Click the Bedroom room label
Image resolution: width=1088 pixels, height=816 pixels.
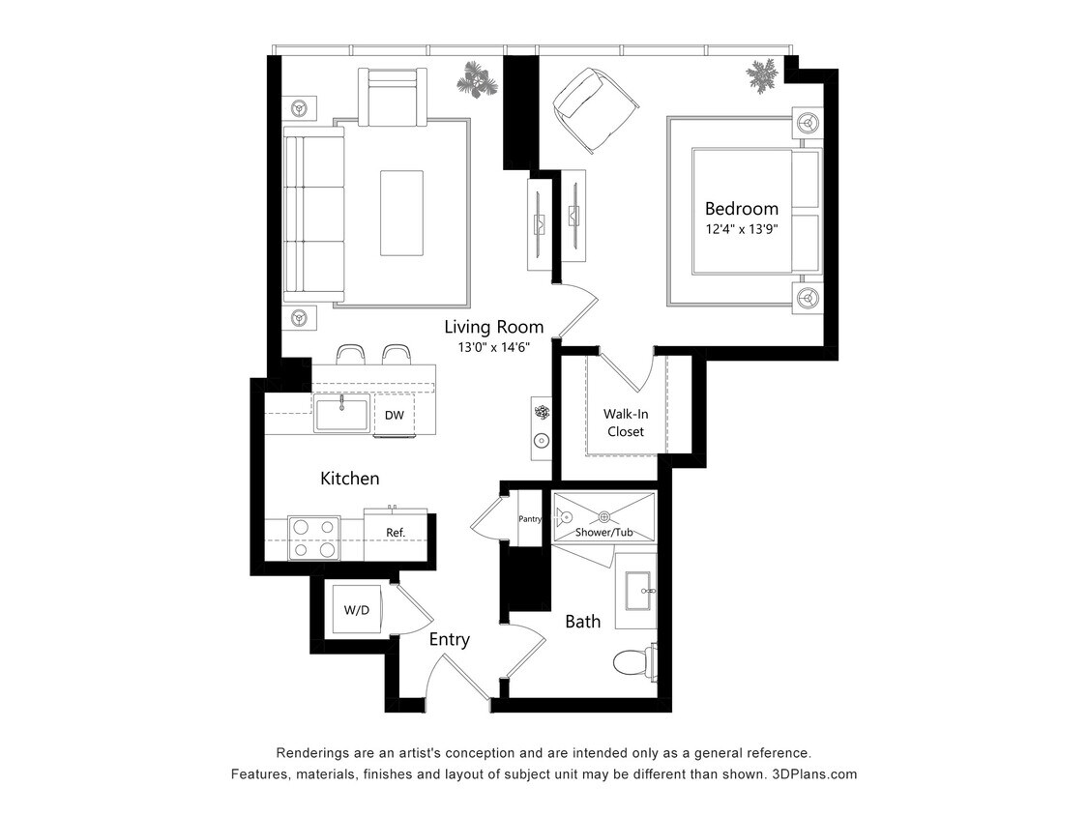741,208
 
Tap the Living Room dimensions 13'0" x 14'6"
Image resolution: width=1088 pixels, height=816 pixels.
493,348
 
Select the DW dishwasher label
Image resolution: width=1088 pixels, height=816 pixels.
394,416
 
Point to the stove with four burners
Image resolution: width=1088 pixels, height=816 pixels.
314,539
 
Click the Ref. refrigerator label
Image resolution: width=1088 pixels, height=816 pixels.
395,533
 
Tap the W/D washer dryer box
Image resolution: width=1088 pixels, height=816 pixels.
357,610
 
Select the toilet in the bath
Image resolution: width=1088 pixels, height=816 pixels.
633,662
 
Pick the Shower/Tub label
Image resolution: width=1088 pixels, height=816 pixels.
605,533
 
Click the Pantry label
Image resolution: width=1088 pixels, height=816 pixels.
529,519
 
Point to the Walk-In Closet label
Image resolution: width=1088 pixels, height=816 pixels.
626,423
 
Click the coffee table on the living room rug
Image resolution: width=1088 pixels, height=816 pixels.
401,213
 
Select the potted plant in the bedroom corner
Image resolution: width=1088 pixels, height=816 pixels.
764,74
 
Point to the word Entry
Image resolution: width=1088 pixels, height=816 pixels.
449,639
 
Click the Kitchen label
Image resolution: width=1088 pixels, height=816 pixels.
349,479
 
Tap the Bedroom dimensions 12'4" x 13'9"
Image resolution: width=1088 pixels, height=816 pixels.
742,230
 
